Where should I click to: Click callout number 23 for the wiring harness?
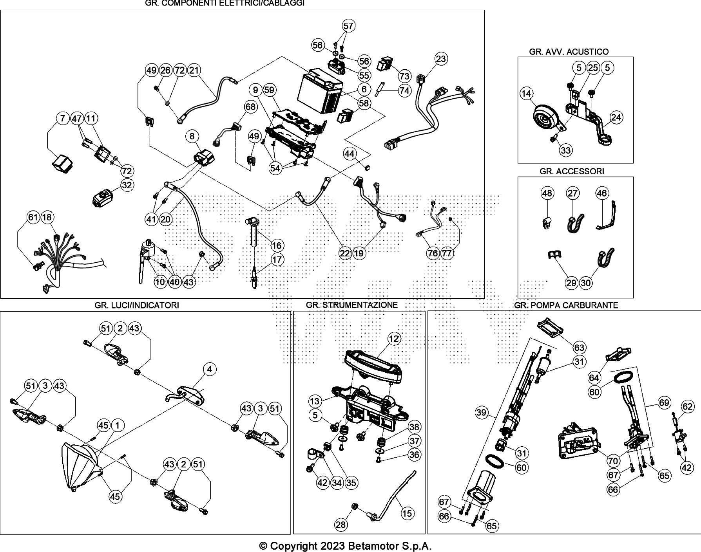(441, 59)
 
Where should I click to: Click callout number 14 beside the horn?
(527, 94)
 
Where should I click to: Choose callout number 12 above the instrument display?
(393, 339)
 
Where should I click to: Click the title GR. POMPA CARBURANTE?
(566, 305)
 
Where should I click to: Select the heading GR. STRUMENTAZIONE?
(351, 305)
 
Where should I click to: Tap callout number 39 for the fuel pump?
(482, 412)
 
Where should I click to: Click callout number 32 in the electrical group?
(127, 185)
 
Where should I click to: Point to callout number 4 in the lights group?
(210, 369)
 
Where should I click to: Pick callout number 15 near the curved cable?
(407, 513)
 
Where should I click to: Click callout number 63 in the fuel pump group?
(579, 347)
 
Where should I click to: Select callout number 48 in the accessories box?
(547, 193)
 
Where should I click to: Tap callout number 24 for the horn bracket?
(616, 117)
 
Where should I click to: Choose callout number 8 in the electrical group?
(192, 136)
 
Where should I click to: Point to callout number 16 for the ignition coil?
(277, 245)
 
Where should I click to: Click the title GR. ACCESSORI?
(572, 171)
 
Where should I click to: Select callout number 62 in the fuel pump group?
(688, 407)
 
